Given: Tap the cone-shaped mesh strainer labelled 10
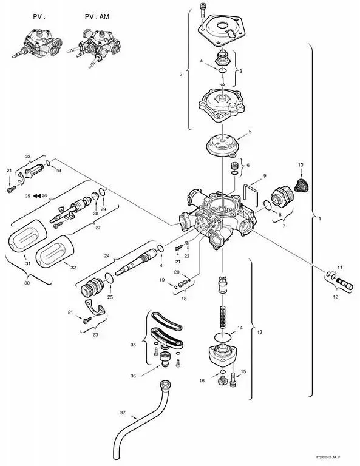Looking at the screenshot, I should click(x=299, y=185).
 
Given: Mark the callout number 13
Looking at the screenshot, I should click(x=260, y=333).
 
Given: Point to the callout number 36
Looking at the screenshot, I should click(x=133, y=376).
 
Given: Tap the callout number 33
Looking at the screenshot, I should click(x=27, y=156).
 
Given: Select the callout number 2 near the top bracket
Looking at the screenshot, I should click(x=180, y=75).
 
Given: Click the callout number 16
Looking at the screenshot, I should click(x=202, y=380).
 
